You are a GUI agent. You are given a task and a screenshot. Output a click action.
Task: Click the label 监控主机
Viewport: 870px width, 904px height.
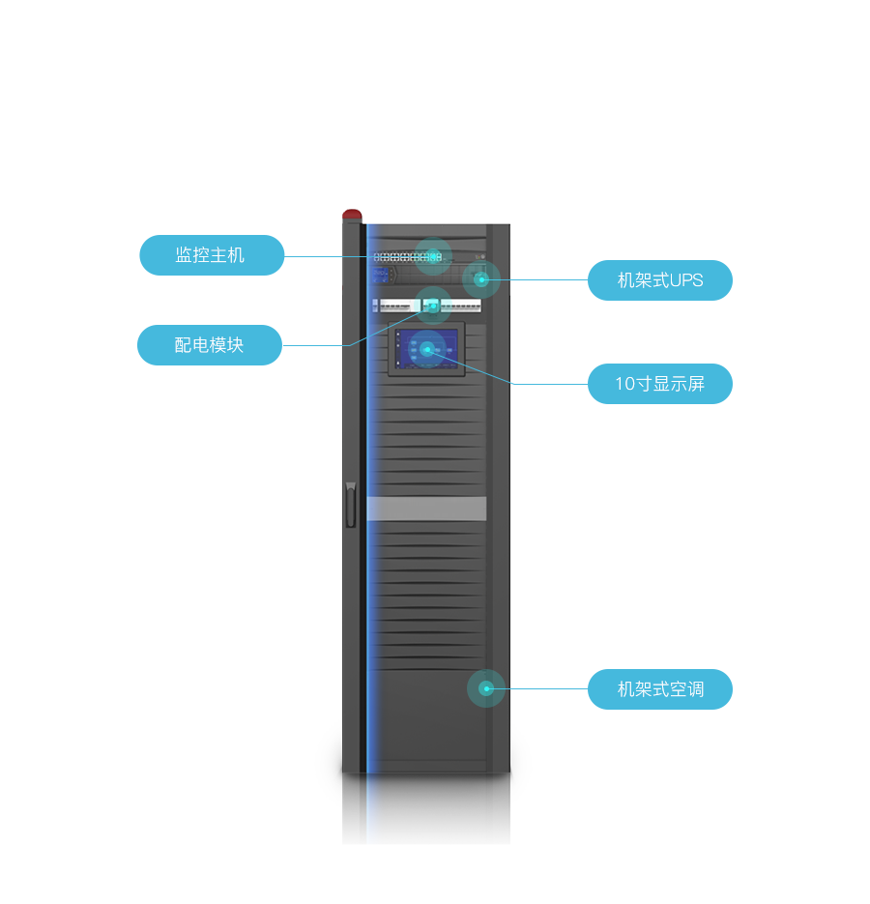210,255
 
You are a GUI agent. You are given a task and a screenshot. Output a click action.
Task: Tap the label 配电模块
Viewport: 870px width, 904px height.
209,345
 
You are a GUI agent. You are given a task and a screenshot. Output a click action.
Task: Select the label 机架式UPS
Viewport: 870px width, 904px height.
660,280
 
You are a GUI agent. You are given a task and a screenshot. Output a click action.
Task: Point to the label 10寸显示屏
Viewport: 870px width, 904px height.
659,384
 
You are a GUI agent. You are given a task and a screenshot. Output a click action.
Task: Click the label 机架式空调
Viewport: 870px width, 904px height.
660,689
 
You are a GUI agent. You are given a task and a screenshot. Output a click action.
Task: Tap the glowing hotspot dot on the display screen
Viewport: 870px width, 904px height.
427,349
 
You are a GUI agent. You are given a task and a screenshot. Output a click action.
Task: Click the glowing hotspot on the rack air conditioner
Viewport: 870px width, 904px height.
486,688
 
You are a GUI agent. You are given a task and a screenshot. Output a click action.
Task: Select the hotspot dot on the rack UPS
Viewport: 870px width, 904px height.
480,279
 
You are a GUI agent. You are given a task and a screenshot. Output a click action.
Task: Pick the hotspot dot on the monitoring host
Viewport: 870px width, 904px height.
434,256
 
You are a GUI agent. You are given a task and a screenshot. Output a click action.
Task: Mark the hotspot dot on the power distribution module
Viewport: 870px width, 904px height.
433,306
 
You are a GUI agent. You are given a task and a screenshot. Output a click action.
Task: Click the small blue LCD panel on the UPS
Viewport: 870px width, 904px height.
380,277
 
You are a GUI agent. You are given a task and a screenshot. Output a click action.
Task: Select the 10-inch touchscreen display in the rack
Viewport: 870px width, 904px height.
426,349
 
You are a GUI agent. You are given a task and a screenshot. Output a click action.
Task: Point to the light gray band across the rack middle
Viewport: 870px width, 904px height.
426,509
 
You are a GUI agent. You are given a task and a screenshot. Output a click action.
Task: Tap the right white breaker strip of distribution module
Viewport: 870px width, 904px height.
461,306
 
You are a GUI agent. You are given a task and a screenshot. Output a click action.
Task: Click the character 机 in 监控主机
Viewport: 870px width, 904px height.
237,255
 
